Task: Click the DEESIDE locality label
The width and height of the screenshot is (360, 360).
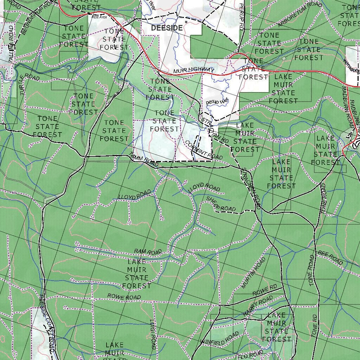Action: point(167,28)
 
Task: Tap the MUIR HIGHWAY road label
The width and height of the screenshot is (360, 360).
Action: point(194,71)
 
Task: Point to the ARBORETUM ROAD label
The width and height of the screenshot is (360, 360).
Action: point(300,14)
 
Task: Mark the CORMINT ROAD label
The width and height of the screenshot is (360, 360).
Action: point(204,150)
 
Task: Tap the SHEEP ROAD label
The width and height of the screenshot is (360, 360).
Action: point(221,204)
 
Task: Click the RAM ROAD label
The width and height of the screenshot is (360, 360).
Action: point(148,251)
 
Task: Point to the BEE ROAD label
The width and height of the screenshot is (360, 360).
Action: point(330,258)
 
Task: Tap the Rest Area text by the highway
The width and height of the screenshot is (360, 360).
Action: point(99,17)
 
